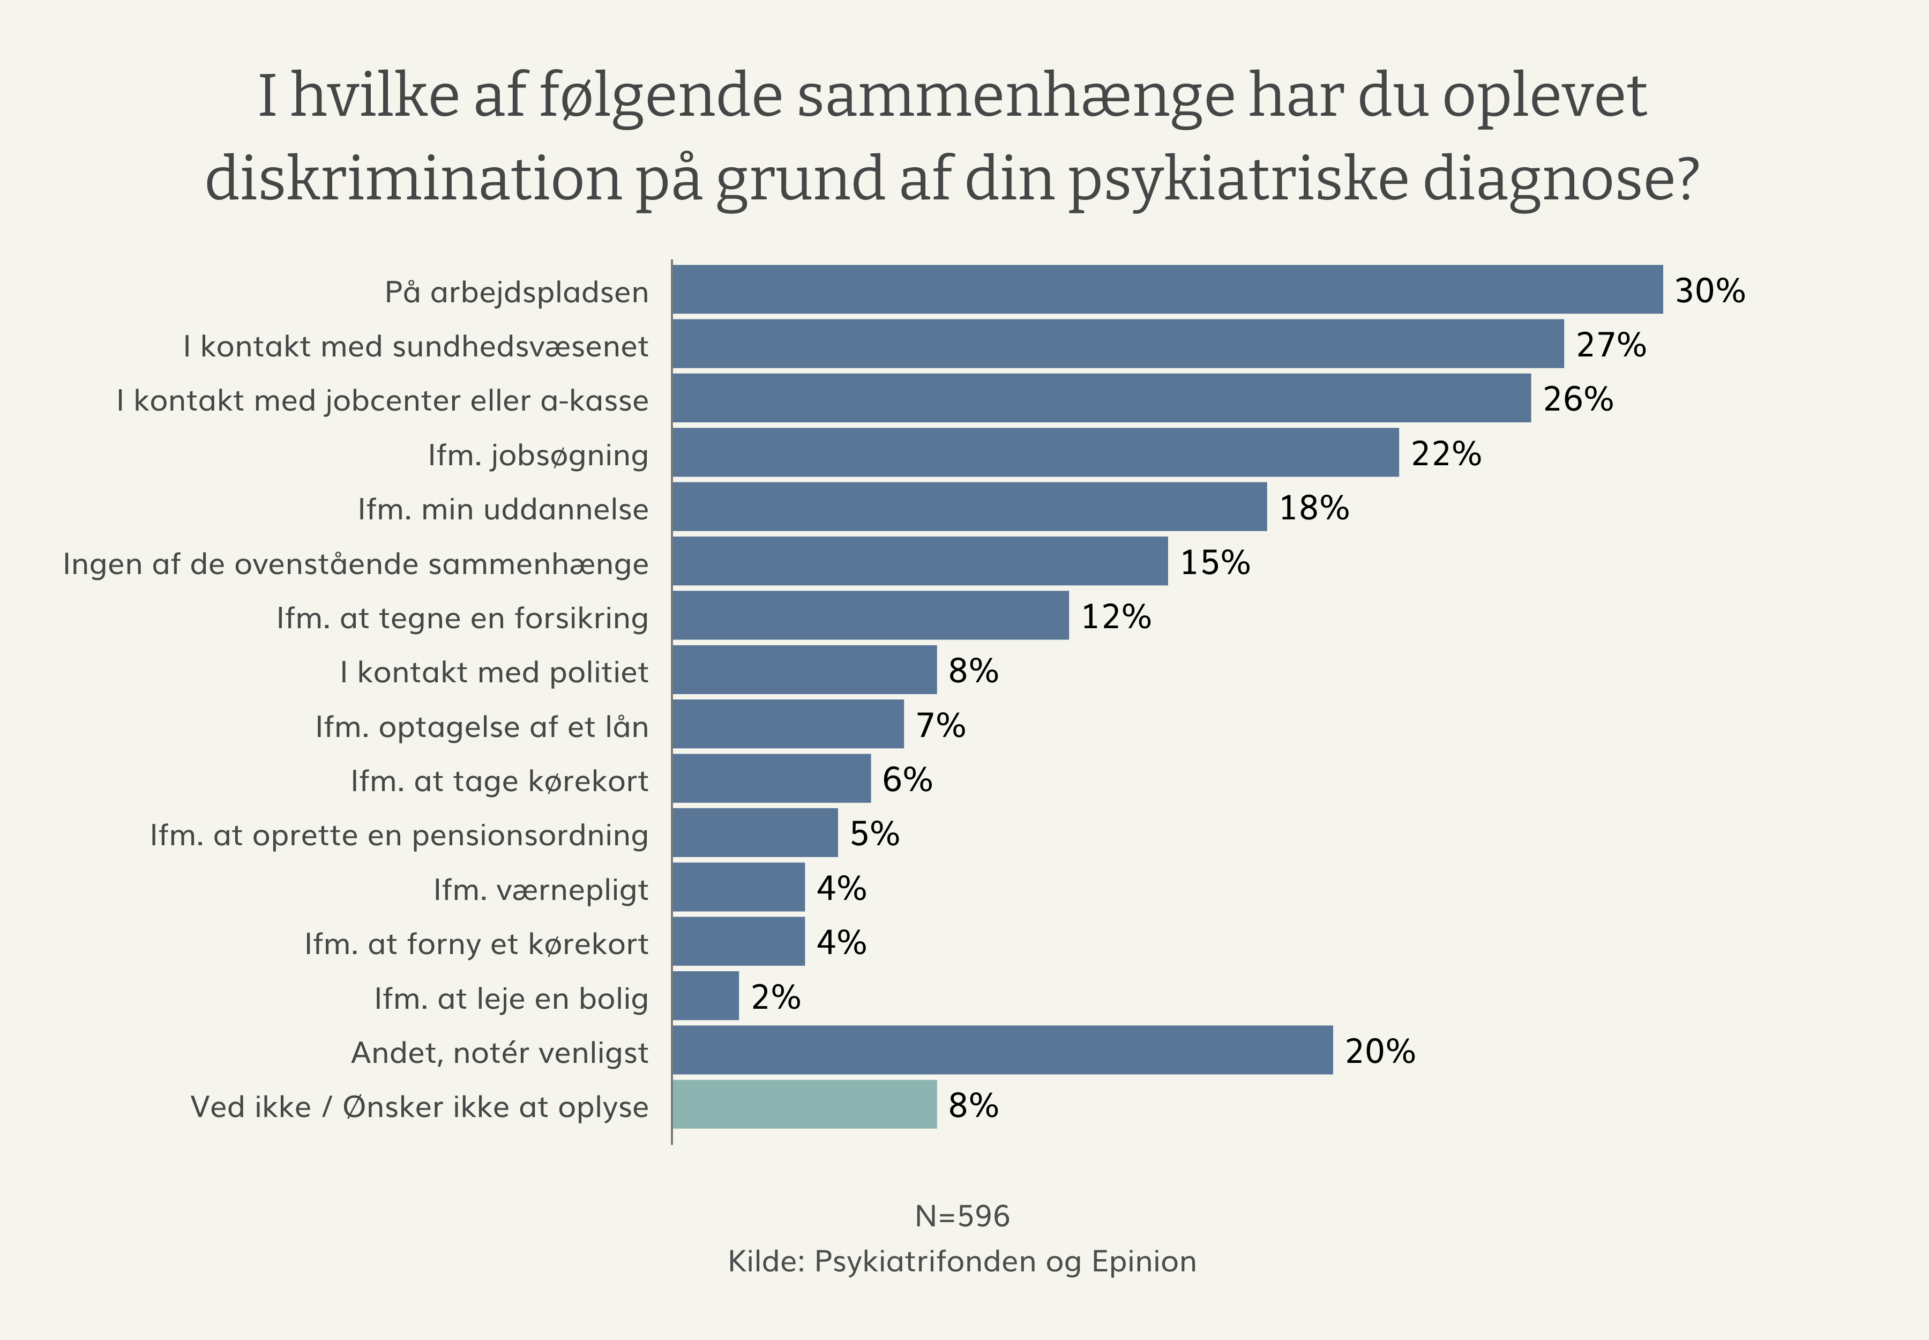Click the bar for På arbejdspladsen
click(1167, 289)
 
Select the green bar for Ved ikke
click(804, 1104)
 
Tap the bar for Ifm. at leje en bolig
click(705, 996)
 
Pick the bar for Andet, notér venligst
click(1002, 1049)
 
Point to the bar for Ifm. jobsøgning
click(1035, 452)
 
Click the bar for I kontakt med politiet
click(804, 670)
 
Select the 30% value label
click(1709, 292)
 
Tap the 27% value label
click(1610, 345)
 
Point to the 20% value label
click(1379, 1051)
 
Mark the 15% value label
click(1215, 562)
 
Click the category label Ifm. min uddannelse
click(503, 510)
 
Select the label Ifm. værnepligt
click(541, 890)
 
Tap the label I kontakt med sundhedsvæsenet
click(415, 347)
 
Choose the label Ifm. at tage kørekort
click(499, 781)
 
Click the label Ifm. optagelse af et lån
click(482, 727)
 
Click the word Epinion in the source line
click(1143, 1262)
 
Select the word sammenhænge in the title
click(1016, 96)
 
